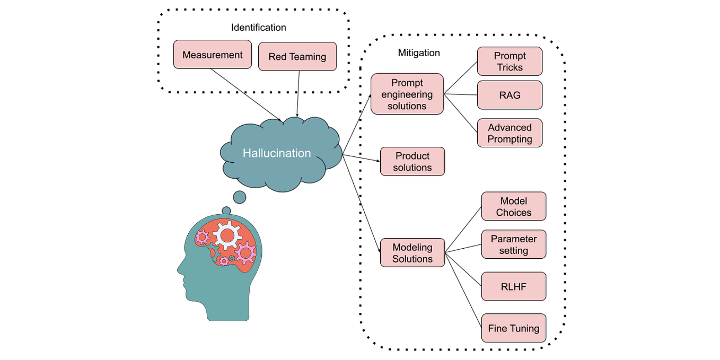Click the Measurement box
pyautogui.click(x=212, y=55)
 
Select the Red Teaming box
pyautogui.click(x=297, y=57)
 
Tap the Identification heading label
pyautogui.click(x=258, y=28)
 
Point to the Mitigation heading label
pyautogui.click(x=419, y=53)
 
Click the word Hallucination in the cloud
pyautogui.click(x=277, y=153)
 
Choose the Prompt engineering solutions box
pyautogui.click(x=407, y=94)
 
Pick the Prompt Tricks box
pyautogui.click(x=510, y=62)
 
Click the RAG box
pyautogui.click(x=510, y=95)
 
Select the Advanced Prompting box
pyautogui.click(x=510, y=133)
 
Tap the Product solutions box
pyautogui.click(x=412, y=162)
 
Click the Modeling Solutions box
pyautogui.click(x=412, y=253)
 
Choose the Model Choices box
pyautogui.click(x=513, y=207)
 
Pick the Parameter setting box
pyautogui.click(x=513, y=244)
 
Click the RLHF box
pyautogui.click(x=513, y=286)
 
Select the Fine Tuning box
pyautogui.click(x=513, y=328)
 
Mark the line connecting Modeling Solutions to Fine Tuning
pyautogui.click(x=463, y=286)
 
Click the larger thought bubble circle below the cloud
pyautogui.click(x=240, y=197)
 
